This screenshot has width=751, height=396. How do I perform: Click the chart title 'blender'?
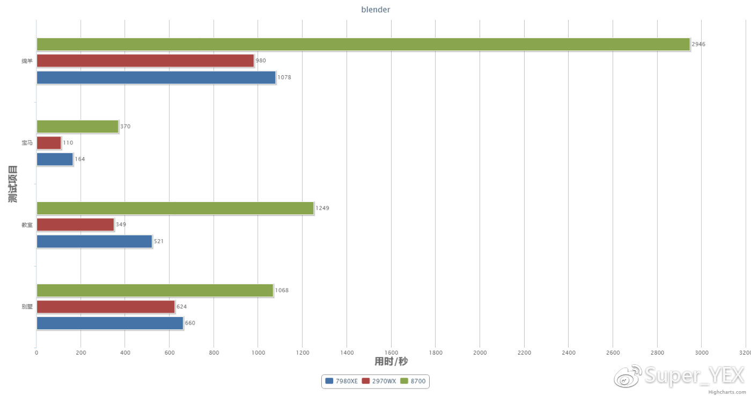(376, 10)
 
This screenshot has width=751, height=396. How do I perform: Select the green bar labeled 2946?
(363, 45)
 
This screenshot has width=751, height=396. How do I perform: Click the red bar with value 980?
(145, 61)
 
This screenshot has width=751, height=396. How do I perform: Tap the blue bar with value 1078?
(156, 77)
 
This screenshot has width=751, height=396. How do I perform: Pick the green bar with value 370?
(77, 126)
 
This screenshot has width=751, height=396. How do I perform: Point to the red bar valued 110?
(48, 143)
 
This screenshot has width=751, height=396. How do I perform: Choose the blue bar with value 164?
(54, 159)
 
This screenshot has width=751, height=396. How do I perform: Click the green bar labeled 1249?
(175, 208)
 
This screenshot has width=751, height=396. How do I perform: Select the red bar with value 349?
(75, 225)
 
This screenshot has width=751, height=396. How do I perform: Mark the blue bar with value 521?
(94, 241)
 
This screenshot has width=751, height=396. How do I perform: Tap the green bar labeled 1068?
(154, 290)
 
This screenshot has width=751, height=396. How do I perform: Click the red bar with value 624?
(105, 307)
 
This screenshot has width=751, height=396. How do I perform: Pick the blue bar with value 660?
(109, 323)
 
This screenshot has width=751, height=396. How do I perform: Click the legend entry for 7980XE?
(342, 381)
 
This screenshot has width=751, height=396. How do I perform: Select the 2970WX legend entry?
(379, 381)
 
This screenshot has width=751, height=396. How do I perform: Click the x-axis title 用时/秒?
(391, 362)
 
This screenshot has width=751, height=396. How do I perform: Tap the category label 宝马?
(27, 143)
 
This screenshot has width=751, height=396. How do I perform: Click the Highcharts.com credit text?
(727, 392)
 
